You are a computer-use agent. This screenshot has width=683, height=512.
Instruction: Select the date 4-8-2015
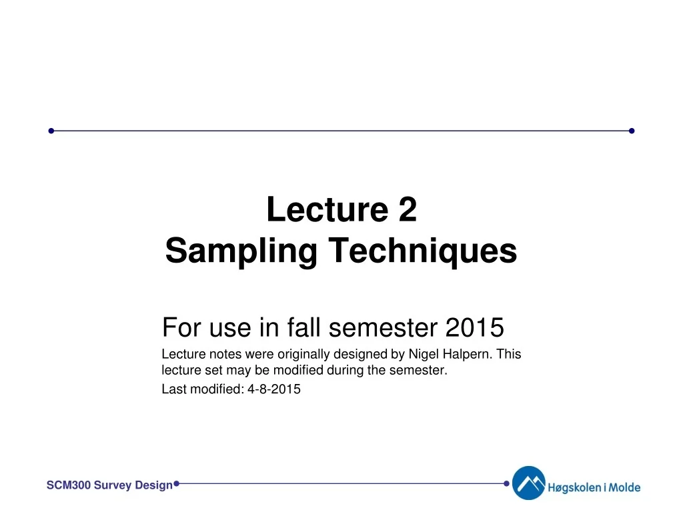[274, 390]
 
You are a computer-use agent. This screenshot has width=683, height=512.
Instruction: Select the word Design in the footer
[153, 485]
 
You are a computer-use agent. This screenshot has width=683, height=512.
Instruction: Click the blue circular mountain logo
[528, 483]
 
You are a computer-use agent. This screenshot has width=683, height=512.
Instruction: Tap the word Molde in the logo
[625, 487]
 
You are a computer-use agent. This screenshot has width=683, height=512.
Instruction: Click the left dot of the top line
[51, 131]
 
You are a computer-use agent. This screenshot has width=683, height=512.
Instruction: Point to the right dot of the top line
[632, 131]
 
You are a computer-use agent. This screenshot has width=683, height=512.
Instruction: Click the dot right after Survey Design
[176, 483]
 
